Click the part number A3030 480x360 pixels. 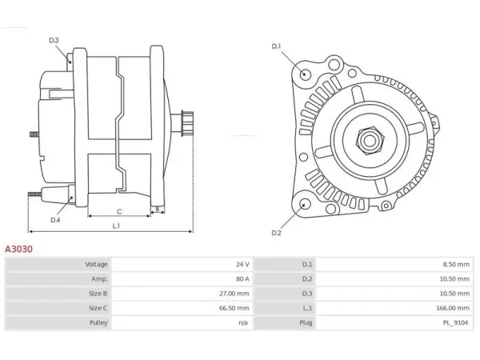click(x=18, y=249)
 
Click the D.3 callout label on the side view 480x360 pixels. click(x=54, y=40)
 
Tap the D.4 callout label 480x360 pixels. click(x=55, y=220)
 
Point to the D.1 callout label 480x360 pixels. click(x=276, y=46)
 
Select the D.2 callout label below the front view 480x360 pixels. click(x=276, y=233)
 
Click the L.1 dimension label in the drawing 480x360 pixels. click(x=116, y=226)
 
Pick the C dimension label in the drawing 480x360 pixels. click(x=119, y=211)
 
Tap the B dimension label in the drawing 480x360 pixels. click(x=158, y=209)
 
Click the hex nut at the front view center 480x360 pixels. click(x=370, y=141)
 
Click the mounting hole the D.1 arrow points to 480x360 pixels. click(x=304, y=74)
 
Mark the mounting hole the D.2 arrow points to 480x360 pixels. click(x=305, y=204)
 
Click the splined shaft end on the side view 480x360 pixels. click(x=187, y=123)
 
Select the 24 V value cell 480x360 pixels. click(x=242, y=264)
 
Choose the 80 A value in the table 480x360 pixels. click(x=242, y=279)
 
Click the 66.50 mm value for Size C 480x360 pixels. click(x=234, y=308)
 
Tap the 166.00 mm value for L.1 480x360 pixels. click(x=453, y=308)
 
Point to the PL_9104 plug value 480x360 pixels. click(x=455, y=322)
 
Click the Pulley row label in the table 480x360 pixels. click(x=98, y=322)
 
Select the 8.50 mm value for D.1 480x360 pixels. click(x=456, y=264)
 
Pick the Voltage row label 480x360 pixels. click(x=97, y=264)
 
